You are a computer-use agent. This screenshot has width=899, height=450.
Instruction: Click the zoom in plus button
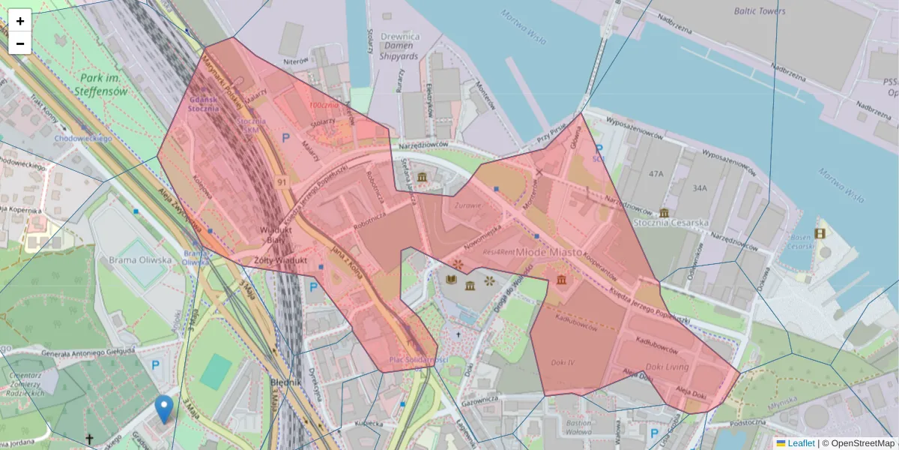[20, 21]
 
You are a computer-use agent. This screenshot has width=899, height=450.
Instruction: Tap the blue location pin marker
[163, 409]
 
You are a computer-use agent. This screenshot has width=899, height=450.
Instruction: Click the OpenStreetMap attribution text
[861, 443]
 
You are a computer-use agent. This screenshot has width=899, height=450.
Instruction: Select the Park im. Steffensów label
[101, 85]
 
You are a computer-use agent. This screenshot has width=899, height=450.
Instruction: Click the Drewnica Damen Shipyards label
[399, 46]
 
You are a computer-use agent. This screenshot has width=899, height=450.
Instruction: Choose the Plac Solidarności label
[418, 360]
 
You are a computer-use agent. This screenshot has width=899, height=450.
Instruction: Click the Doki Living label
[666, 367]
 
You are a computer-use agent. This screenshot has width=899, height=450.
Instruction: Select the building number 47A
[656, 174]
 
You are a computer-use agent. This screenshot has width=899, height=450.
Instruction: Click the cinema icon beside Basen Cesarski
[820, 233]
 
